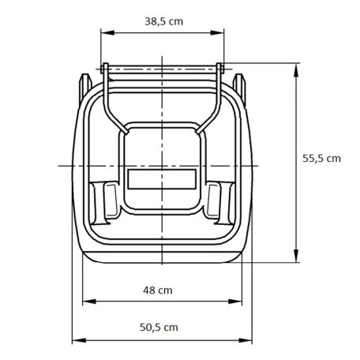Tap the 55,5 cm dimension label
[321, 157]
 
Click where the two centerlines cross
[161, 164]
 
